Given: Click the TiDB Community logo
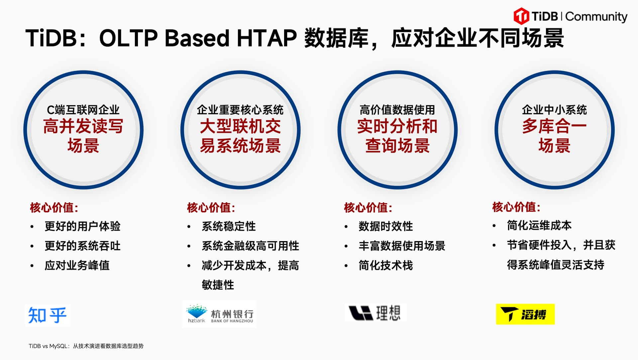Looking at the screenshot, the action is pos(570,16).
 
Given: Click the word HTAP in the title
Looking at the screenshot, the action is pos(266,38).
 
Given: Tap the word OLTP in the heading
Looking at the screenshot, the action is pos(128,38).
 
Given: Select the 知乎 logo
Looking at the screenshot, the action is pos(48,315).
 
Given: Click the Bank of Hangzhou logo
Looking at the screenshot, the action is pos(219,314).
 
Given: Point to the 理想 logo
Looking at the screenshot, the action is pos(375,313).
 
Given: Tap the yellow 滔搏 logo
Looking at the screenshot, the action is pos(525,314).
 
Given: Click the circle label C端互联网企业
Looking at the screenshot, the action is pos(83,110).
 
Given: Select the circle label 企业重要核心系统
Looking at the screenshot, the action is pos(240,110).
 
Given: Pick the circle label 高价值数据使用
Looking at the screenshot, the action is pos(397,110).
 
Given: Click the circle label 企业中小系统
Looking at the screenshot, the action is pos(554,110).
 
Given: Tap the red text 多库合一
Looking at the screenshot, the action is pos(554,126).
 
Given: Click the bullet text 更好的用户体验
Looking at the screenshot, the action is pos(82,226).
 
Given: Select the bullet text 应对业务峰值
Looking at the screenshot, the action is pos(77,265).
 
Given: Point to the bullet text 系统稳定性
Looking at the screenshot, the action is pos(229,226).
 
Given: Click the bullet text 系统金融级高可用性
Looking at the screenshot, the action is pos(251,246).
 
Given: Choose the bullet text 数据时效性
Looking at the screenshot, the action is pos(386,226).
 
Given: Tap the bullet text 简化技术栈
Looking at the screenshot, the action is pos(386,265).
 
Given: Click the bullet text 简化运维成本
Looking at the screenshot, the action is pos(539,225).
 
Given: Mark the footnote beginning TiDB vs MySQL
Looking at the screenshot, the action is pos(86,346).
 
